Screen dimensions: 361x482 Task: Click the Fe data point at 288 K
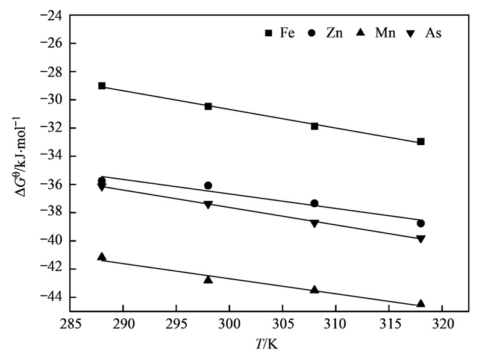click(x=102, y=86)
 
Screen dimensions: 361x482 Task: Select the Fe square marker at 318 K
click(x=421, y=142)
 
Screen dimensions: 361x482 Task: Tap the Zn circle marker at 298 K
click(x=208, y=186)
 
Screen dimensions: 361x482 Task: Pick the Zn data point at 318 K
click(x=421, y=223)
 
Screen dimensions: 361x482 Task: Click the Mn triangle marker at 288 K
click(x=102, y=257)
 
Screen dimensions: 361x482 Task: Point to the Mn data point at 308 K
click(x=315, y=289)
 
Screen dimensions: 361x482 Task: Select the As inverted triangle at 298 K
click(x=208, y=205)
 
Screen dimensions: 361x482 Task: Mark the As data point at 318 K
click(x=421, y=239)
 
